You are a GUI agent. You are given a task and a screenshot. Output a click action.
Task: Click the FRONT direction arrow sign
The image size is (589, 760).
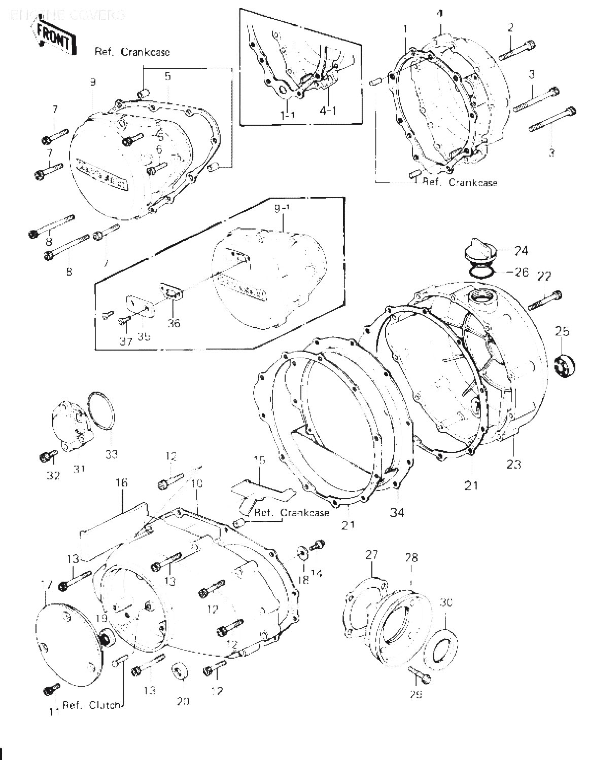click(x=53, y=36)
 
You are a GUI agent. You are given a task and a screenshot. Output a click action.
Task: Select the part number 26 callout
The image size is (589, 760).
click(x=521, y=272)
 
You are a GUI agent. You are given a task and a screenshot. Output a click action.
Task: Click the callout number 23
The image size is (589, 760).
click(x=513, y=463)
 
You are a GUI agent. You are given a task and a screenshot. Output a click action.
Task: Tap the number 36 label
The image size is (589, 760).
click(x=174, y=322)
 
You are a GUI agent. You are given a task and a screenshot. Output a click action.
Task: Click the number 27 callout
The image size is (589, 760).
click(x=372, y=555)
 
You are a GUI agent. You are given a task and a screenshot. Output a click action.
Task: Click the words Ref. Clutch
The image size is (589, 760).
click(x=92, y=705)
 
